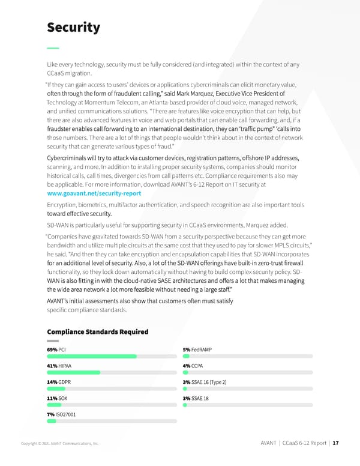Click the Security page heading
pyautogui.click(x=73, y=28)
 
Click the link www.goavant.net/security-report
pyautogui.click(x=94, y=195)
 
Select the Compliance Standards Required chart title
pyautogui.click(x=97, y=331)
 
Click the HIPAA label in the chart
pyautogui.click(x=65, y=366)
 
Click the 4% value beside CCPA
pyautogui.click(x=187, y=366)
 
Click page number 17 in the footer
pyautogui.click(x=336, y=443)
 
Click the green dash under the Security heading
pyautogui.click(x=53, y=47)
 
